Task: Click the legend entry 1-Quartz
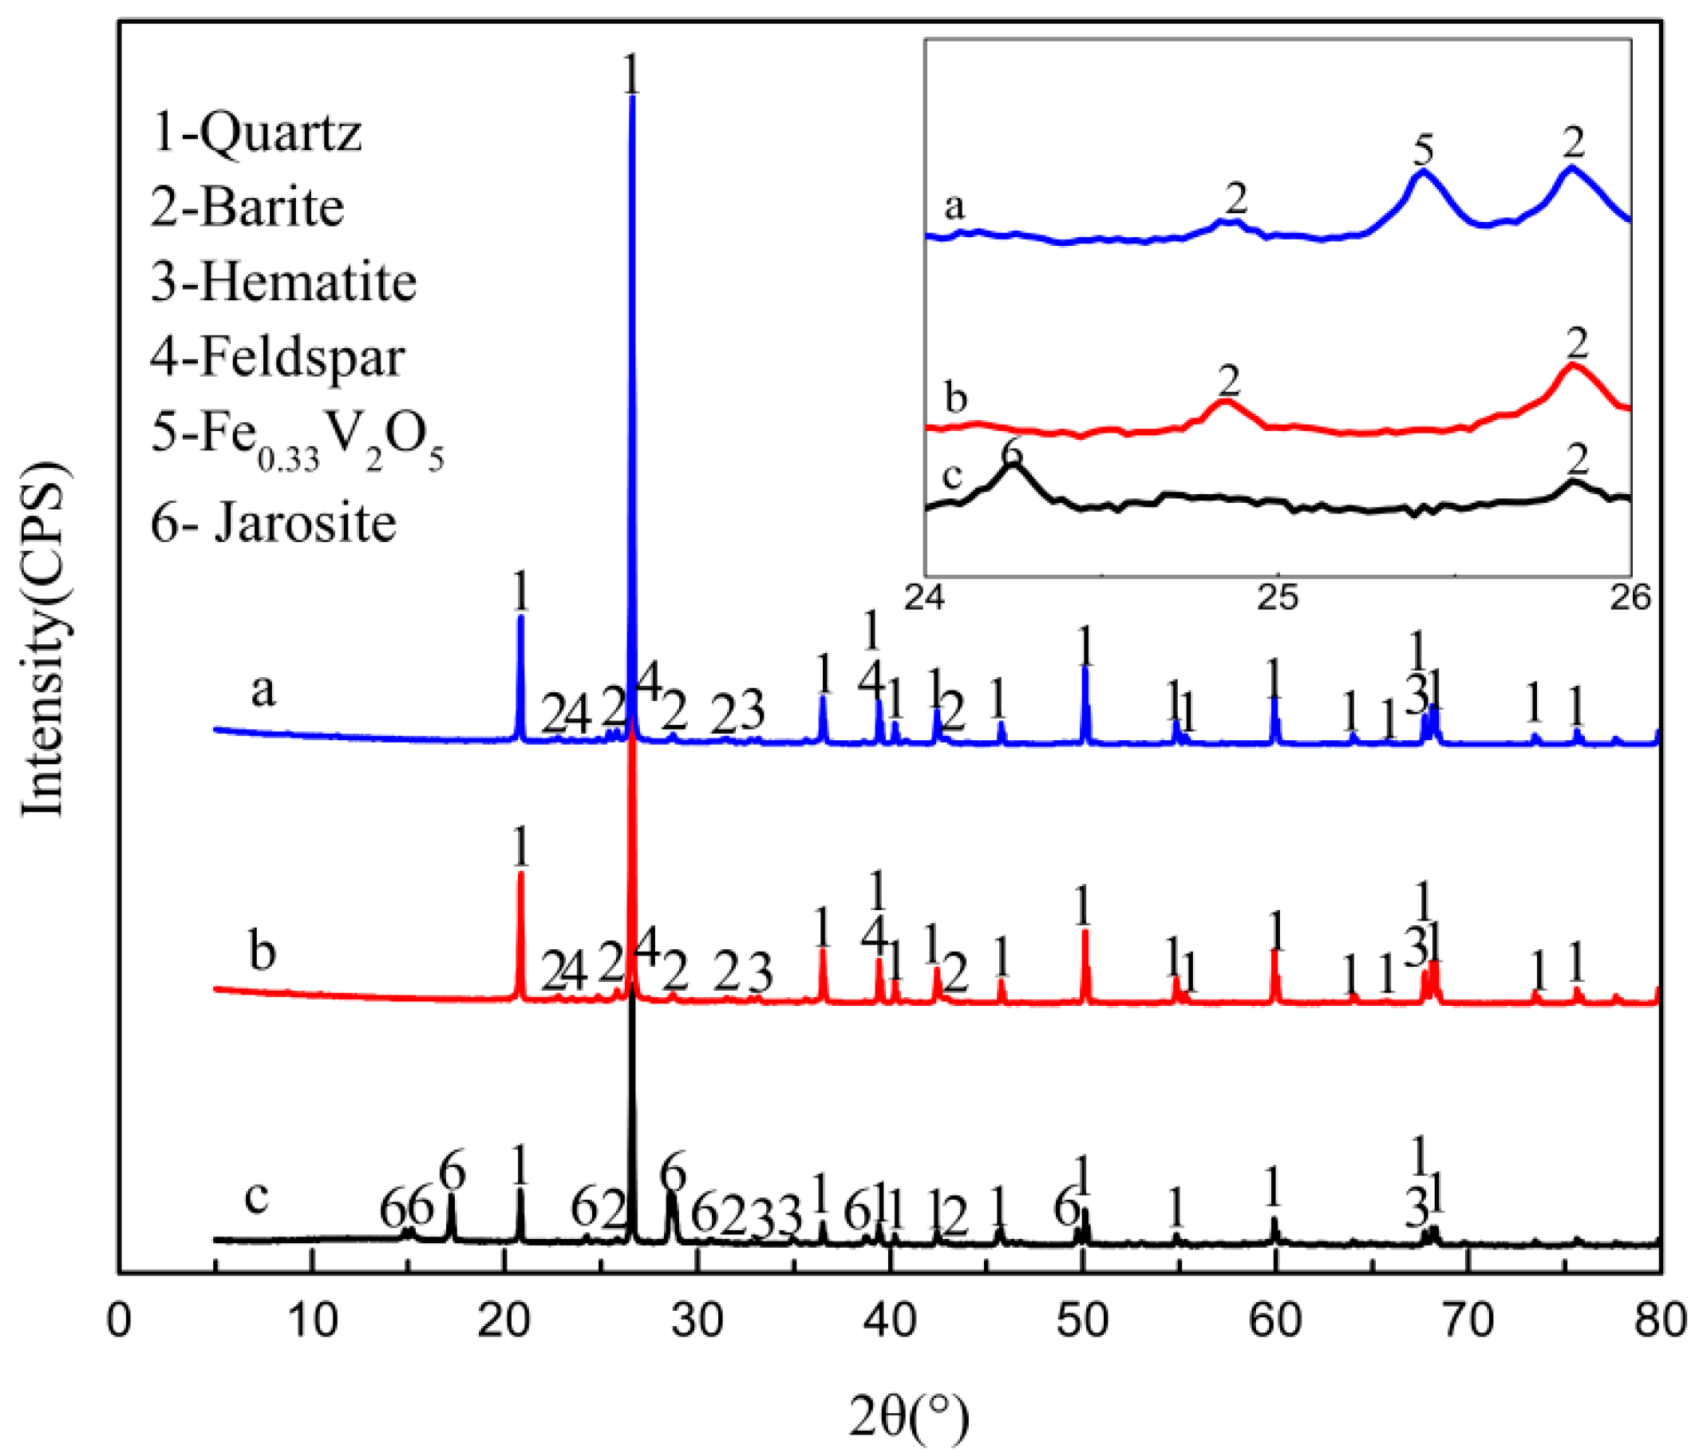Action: tap(255, 133)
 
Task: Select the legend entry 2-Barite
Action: tap(247, 207)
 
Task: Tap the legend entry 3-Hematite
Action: tap(283, 282)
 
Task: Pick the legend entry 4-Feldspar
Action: tap(278, 357)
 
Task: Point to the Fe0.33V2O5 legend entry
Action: tap(297, 436)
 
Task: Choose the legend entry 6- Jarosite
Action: tap(274, 522)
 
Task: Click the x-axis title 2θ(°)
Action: tap(908, 1417)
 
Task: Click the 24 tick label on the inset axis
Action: tap(926, 598)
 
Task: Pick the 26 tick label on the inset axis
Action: tap(1630, 598)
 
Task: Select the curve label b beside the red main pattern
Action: tap(263, 952)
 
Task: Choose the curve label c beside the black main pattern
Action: tap(257, 1198)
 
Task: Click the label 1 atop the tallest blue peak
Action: tap(631, 75)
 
